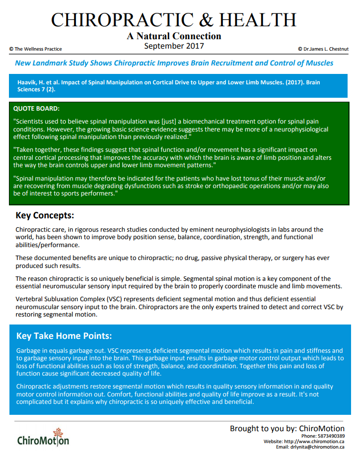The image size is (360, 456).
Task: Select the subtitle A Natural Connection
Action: click(173, 36)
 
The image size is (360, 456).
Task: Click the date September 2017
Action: click(173, 46)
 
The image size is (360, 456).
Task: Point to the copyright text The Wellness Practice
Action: click(36, 49)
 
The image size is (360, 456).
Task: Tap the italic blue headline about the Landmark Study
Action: click(174, 64)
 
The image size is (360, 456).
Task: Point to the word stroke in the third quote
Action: click(222, 186)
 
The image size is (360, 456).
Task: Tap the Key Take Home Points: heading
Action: click(64, 336)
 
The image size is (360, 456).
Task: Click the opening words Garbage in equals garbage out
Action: click(65, 351)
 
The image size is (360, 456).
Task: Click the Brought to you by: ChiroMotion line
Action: click(287, 429)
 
